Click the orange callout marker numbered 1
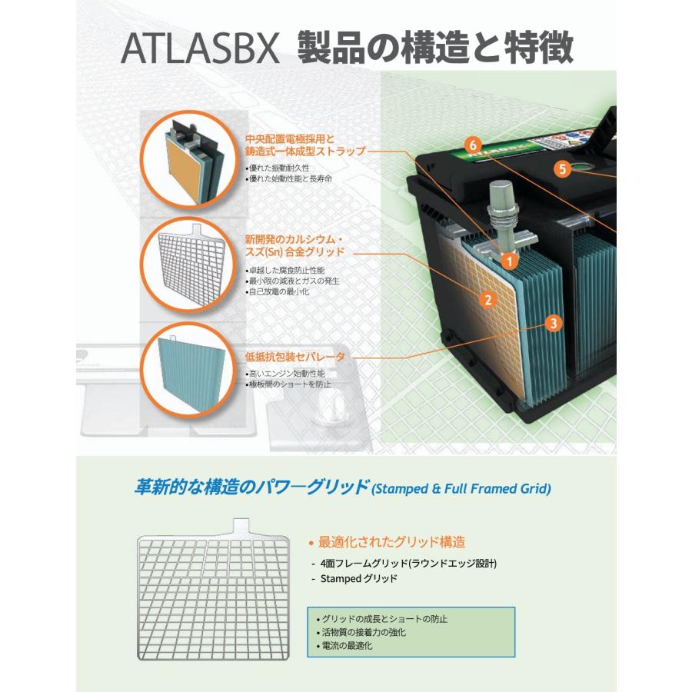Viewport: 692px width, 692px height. [507, 261]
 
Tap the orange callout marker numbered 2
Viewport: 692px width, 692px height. [486, 299]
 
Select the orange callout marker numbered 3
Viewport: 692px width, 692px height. [553, 324]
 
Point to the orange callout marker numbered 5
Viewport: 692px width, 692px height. [563, 169]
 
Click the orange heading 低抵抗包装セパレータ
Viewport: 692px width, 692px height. [294, 358]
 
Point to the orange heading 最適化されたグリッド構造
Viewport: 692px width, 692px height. [392, 541]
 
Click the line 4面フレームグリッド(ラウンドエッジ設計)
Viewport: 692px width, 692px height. [404, 564]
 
